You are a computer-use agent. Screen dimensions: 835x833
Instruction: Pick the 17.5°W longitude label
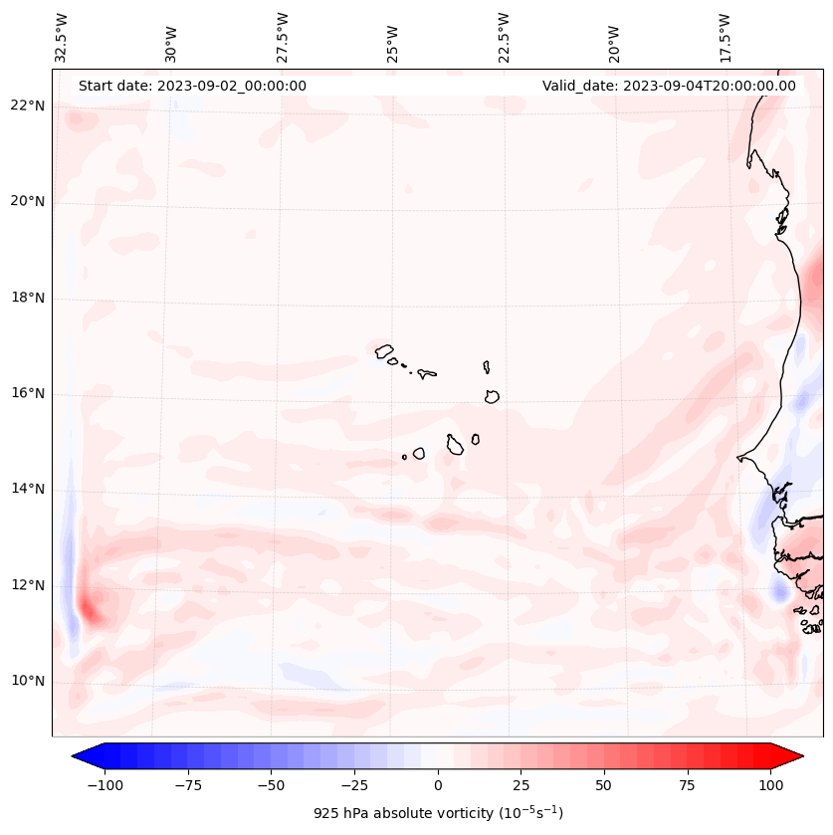click(726, 36)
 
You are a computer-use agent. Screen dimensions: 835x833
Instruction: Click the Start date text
click(192, 86)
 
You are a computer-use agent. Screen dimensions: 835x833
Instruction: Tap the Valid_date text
click(669, 86)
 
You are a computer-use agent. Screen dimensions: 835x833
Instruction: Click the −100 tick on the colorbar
click(104, 785)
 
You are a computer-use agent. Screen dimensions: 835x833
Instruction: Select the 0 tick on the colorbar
click(438, 785)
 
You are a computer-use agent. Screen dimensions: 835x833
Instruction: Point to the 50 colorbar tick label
click(604, 785)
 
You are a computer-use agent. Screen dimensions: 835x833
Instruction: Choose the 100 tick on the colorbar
click(771, 785)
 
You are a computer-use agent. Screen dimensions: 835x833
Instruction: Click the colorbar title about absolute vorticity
click(438, 813)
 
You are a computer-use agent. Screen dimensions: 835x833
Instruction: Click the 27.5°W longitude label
click(283, 36)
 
